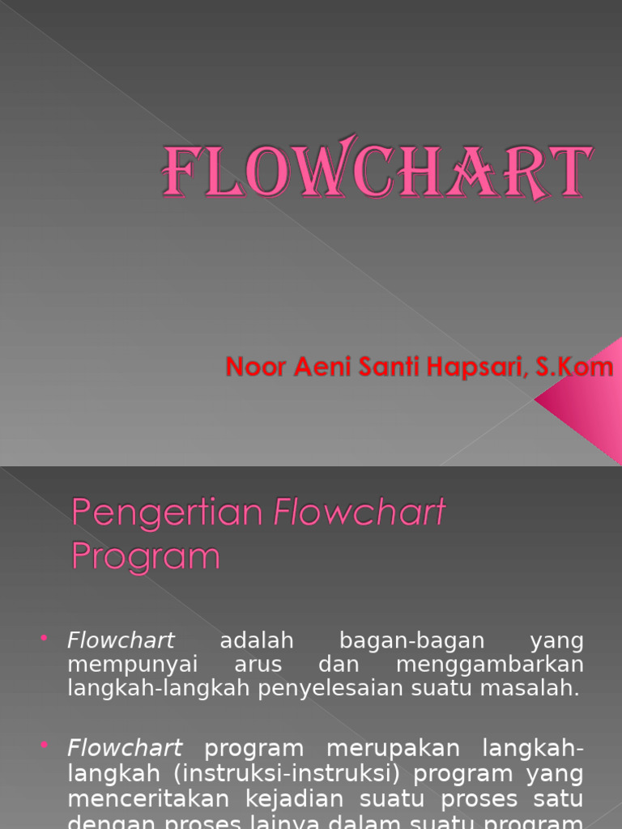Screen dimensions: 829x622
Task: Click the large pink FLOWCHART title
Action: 377,172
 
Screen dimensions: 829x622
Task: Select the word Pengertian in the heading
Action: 168,512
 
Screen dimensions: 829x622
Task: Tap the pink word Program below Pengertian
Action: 146,556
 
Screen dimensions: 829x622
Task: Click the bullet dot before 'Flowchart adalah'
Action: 44,640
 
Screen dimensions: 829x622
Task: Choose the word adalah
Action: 257,641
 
